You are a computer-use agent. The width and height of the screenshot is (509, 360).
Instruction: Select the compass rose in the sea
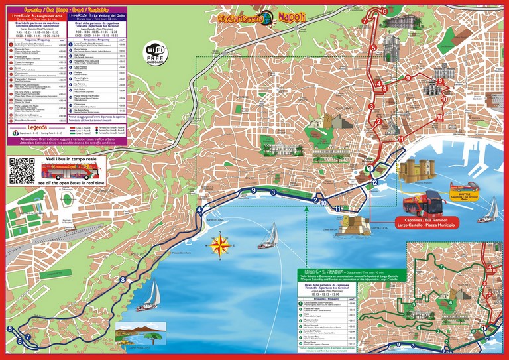pos(219,246)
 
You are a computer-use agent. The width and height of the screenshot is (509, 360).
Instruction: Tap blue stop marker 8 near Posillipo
pos(123,280)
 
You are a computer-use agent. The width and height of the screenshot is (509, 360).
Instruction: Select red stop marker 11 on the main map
pos(400,139)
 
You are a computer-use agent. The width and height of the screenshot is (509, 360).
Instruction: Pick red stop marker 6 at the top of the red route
pos(384,11)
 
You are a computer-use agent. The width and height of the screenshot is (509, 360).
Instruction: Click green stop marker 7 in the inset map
pos(440,267)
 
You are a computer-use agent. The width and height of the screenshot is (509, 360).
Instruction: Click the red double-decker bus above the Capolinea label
pos(424,201)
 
